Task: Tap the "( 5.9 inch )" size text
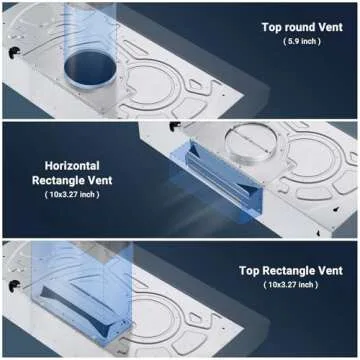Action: (302, 42)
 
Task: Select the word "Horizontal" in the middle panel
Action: (72, 166)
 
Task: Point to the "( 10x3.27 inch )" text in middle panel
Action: (72, 195)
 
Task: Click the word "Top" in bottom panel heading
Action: (249, 271)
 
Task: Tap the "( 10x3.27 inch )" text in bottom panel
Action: (291, 285)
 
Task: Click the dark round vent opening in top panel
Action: (90, 68)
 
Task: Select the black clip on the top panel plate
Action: (14, 52)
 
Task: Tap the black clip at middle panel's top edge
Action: (175, 126)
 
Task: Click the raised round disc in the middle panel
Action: (251, 142)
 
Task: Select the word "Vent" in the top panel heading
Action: (329, 27)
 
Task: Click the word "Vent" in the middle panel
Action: (98, 180)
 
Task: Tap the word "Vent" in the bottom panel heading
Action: (330, 270)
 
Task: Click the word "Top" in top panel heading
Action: (272, 27)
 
